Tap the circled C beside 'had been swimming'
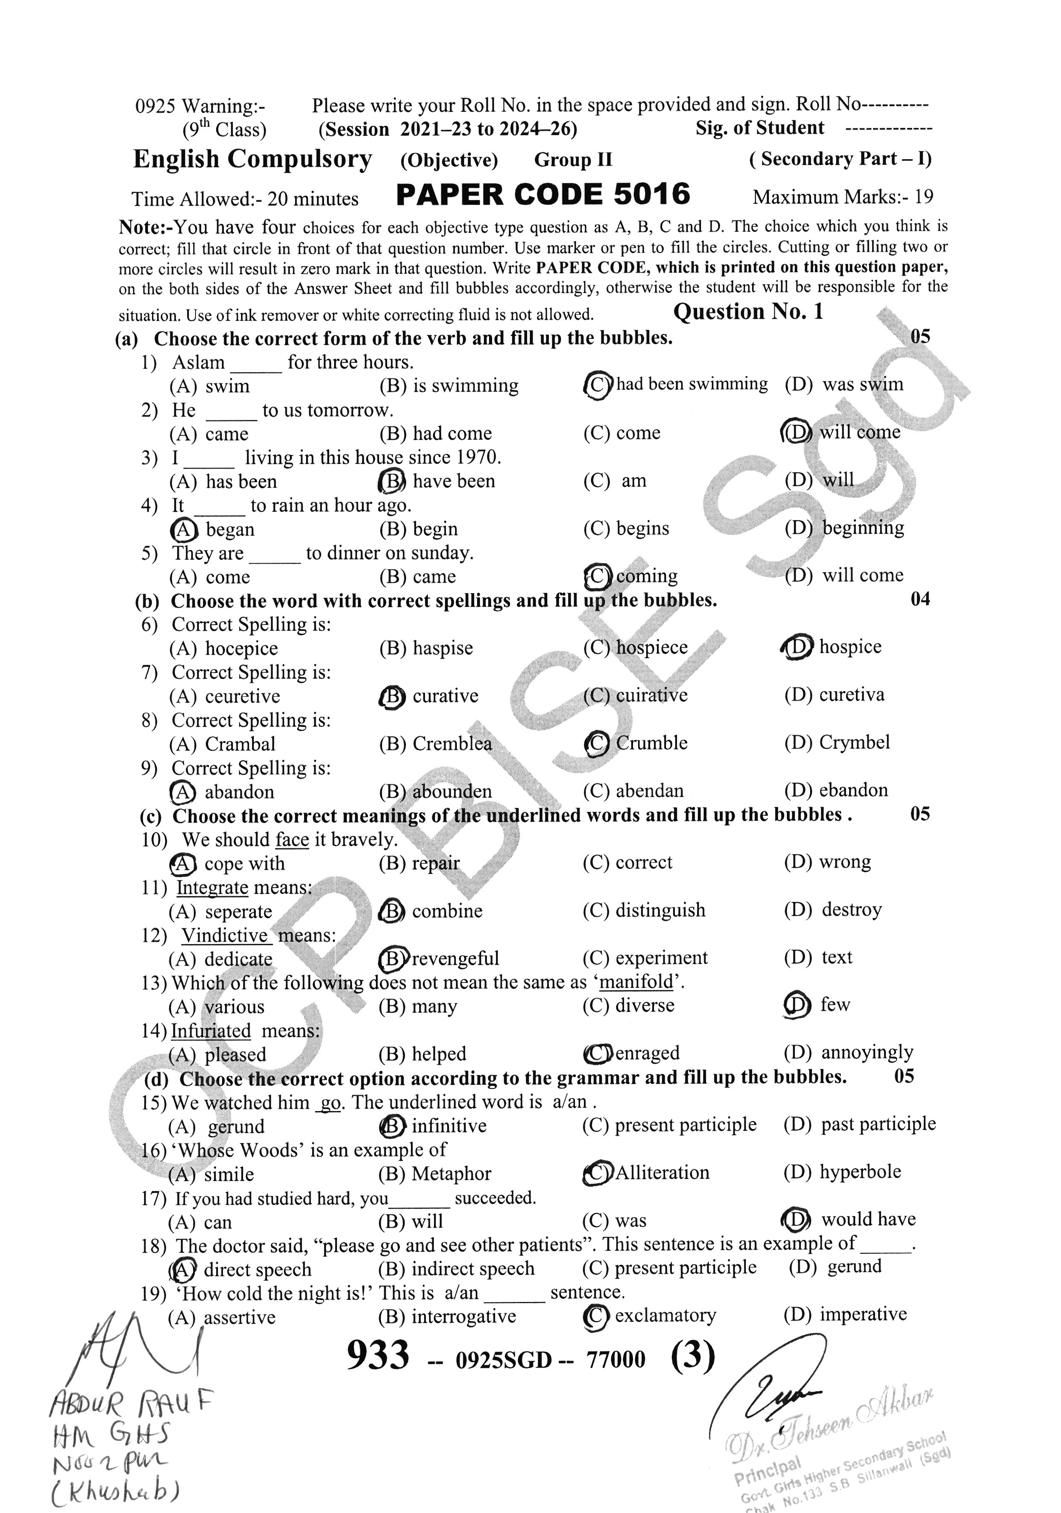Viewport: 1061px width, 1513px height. click(x=598, y=385)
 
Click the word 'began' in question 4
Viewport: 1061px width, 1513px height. click(x=230, y=529)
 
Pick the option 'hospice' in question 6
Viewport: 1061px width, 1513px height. click(x=850, y=647)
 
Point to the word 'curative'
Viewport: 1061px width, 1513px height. click(x=446, y=696)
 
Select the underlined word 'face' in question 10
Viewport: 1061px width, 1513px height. click(x=292, y=840)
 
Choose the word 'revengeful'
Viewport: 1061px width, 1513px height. click(x=455, y=958)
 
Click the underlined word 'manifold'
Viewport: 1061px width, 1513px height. click(x=636, y=983)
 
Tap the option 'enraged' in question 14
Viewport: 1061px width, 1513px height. click(x=647, y=1053)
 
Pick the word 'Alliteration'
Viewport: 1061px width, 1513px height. click(x=662, y=1173)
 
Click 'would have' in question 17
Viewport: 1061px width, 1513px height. click(x=868, y=1219)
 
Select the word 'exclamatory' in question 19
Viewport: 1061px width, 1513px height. click(x=665, y=1316)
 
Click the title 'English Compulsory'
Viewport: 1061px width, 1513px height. click(x=252, y=159)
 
